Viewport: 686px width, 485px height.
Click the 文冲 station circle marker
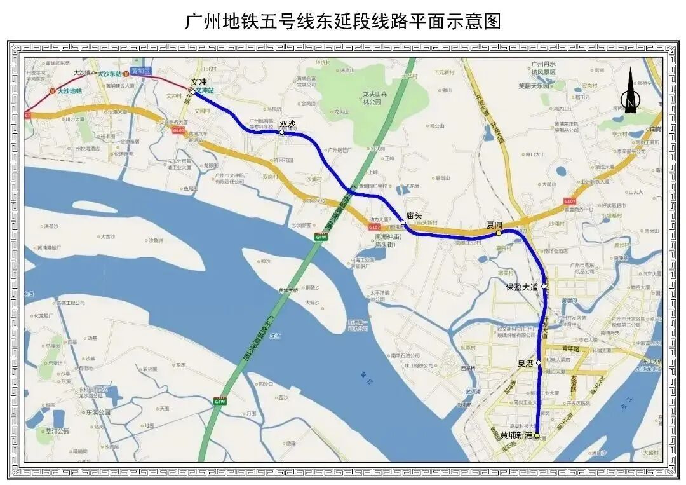coord(193,92)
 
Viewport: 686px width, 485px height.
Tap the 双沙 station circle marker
coord(282,133)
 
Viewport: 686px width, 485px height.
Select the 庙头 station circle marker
coord(403,223)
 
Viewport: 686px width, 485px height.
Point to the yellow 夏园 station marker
coord(499,233)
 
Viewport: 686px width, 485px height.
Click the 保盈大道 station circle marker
coord(544,287)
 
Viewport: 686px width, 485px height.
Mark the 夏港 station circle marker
coord(539,363)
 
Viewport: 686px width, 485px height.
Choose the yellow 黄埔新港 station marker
coord(537,436)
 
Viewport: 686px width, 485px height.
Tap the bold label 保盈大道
coord(521,287)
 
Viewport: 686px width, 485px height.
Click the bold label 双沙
coord(288,124)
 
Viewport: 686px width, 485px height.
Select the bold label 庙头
coord(414,215)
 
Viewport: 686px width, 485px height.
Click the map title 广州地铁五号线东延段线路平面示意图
coord(343,22)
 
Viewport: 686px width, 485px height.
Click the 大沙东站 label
coord(111,74)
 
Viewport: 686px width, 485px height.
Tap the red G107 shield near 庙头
coord(374,226)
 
